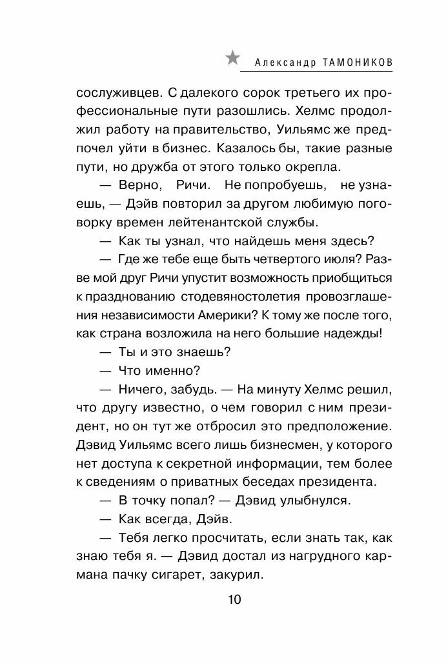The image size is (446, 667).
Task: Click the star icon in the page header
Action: tap(232, 58)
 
